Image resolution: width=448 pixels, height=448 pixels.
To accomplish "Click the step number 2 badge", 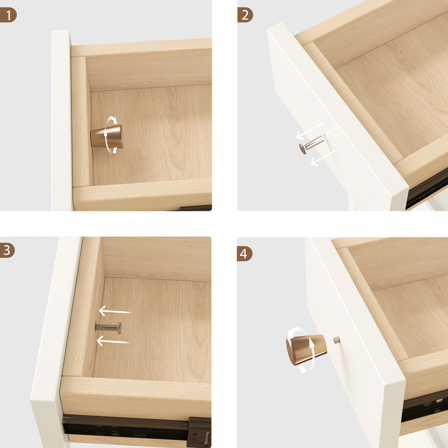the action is [x=245, y=15].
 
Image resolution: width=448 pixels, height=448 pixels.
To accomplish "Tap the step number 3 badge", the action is [x=7, y=250].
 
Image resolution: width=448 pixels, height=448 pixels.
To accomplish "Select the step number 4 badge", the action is [x=245, y=254].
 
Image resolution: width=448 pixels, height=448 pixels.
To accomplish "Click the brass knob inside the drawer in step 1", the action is [x=107, y=136].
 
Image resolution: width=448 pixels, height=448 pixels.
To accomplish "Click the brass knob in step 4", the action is [x=306, y=349].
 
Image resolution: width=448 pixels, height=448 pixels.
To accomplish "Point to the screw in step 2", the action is [x=311, y=144].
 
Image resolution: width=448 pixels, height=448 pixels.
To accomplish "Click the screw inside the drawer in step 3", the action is [x=108, y=328].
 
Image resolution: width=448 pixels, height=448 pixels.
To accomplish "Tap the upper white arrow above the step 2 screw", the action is [x=309, y=130].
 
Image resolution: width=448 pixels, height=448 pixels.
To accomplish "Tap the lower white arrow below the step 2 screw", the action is [x=324, y=157].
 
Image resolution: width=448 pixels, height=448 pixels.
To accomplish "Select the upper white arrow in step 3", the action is [x=115, y=311].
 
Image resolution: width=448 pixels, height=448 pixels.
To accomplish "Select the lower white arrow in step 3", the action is [x=112, y=341].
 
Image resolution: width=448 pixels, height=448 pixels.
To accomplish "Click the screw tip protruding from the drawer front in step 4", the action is [x=337, y=340].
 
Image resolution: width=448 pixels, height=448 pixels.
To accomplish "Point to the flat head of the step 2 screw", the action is [x=302, y=149].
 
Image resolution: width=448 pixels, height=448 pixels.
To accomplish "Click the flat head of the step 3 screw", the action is [x=119, y=328].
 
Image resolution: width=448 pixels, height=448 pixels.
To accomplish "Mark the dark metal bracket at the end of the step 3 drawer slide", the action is [x=199, y=432].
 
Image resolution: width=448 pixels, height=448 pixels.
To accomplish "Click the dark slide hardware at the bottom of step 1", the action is [x=196, y=208].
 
